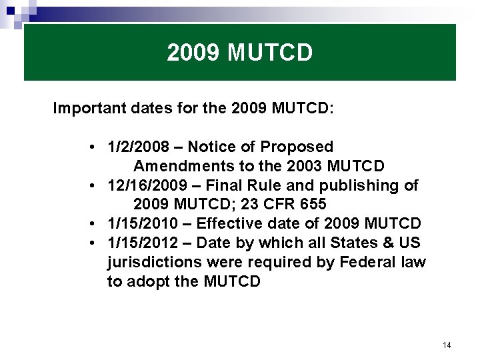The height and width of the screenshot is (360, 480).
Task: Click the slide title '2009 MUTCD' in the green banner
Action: [x=239, y=53]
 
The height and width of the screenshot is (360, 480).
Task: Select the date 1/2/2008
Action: [x=138, y=147]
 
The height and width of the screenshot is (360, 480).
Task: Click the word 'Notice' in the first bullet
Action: [x=211, y=147]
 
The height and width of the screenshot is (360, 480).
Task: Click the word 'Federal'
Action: [x=368, y=262]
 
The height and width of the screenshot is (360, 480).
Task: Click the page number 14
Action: [x=446, y=345]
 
